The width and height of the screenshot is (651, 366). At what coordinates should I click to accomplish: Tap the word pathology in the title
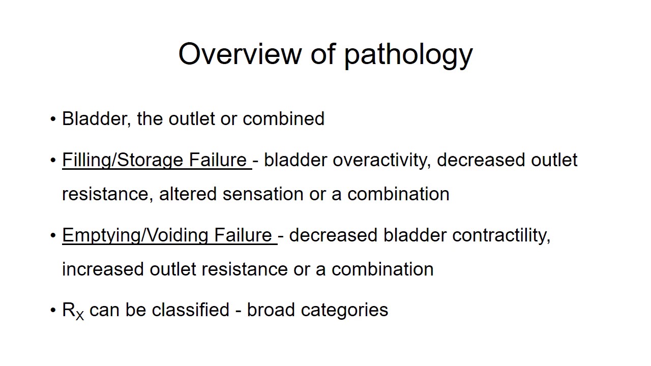(x=408, y=54)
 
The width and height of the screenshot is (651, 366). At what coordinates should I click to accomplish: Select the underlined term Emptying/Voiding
(x=135, y=235)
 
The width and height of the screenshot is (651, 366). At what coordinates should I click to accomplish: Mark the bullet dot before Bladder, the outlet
(x=53, y=119)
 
